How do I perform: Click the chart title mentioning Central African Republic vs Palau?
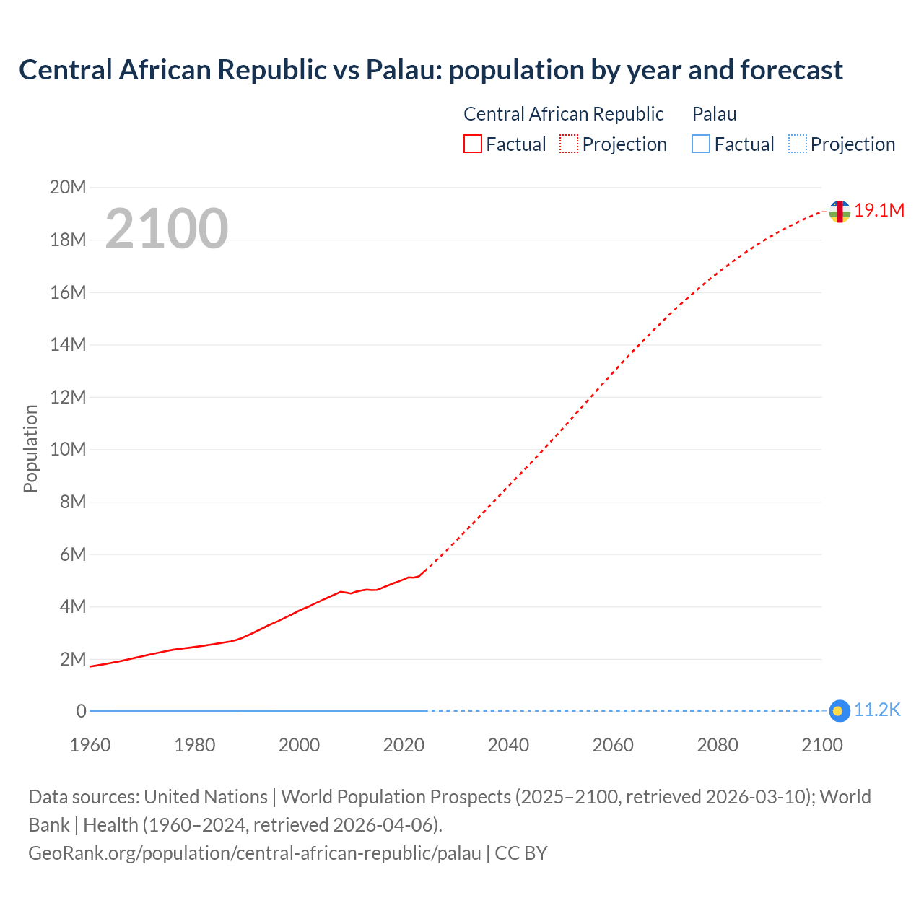pyautogui.click(x=430, y=70)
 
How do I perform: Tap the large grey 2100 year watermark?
pyautogui.click(x=167, y=229)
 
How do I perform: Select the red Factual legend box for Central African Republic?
pyautogui.click(x=473, y=144)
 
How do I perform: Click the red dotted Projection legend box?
pyautogui.click(x=569, y=144)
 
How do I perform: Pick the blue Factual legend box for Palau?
pyautogui.click(x=701, y=144)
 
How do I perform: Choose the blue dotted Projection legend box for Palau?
pyautogui.click(x=797, y=144)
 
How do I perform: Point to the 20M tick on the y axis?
pyautogui.click(x=68, y=188)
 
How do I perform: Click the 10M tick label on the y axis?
pyautogui.click(x=68, y=449)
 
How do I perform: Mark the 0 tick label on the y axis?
pyautogui.click(x=81, y=711)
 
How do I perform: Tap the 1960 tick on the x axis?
pyautogui.click(x=90, y=745)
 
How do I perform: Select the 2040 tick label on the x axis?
pyautogui.click(x=508, y=745)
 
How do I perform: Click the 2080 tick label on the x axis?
pyautogui.click(x=718, y=745)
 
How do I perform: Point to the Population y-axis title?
pyautogui.click(x=30, y=448)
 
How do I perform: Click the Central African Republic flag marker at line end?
pyautogui.click(x=839, y=212)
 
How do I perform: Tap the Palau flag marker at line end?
pyautogui.click(x=839, y=711)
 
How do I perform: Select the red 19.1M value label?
pyautogui.click(x=879, y=210)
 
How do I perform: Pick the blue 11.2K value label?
pyautogui.click(x=877, y=710)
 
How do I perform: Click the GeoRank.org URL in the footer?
pyautogui.click(x=254, y=853)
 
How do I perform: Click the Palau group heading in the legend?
pyautogui.click(x=714, y=114)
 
